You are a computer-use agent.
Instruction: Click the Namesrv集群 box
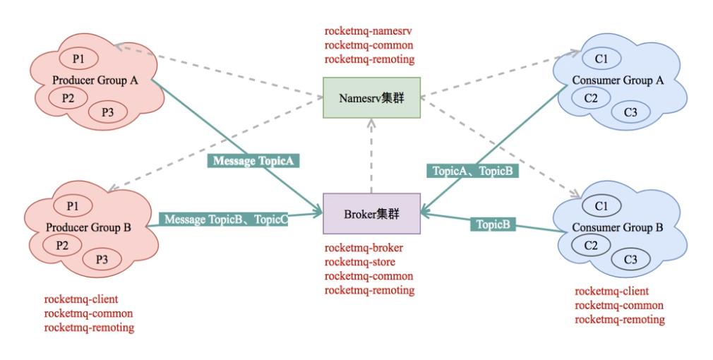[371, 97]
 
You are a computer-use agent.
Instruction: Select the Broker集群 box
[371, 213]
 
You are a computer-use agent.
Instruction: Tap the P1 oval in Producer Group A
[78, 56]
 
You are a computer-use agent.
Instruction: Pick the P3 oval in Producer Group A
[107, 112]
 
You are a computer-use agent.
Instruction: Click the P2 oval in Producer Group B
[62, 245]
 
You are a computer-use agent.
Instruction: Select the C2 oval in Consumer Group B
[591, 245]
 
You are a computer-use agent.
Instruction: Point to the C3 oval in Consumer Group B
[630, 260]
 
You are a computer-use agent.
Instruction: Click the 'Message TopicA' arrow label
[253, 161]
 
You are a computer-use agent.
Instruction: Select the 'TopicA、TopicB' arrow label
[472, 171]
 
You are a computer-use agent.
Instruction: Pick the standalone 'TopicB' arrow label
[493, 224]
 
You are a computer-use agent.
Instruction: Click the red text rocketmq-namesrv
[369, 31]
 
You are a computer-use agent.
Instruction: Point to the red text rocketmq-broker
[364, 248]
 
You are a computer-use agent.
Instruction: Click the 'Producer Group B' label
[88, 227]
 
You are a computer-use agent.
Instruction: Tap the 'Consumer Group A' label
[618, 80]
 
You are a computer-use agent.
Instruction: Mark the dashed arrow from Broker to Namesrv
[371, 155]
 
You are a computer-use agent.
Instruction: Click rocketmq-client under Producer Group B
[80, 299]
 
